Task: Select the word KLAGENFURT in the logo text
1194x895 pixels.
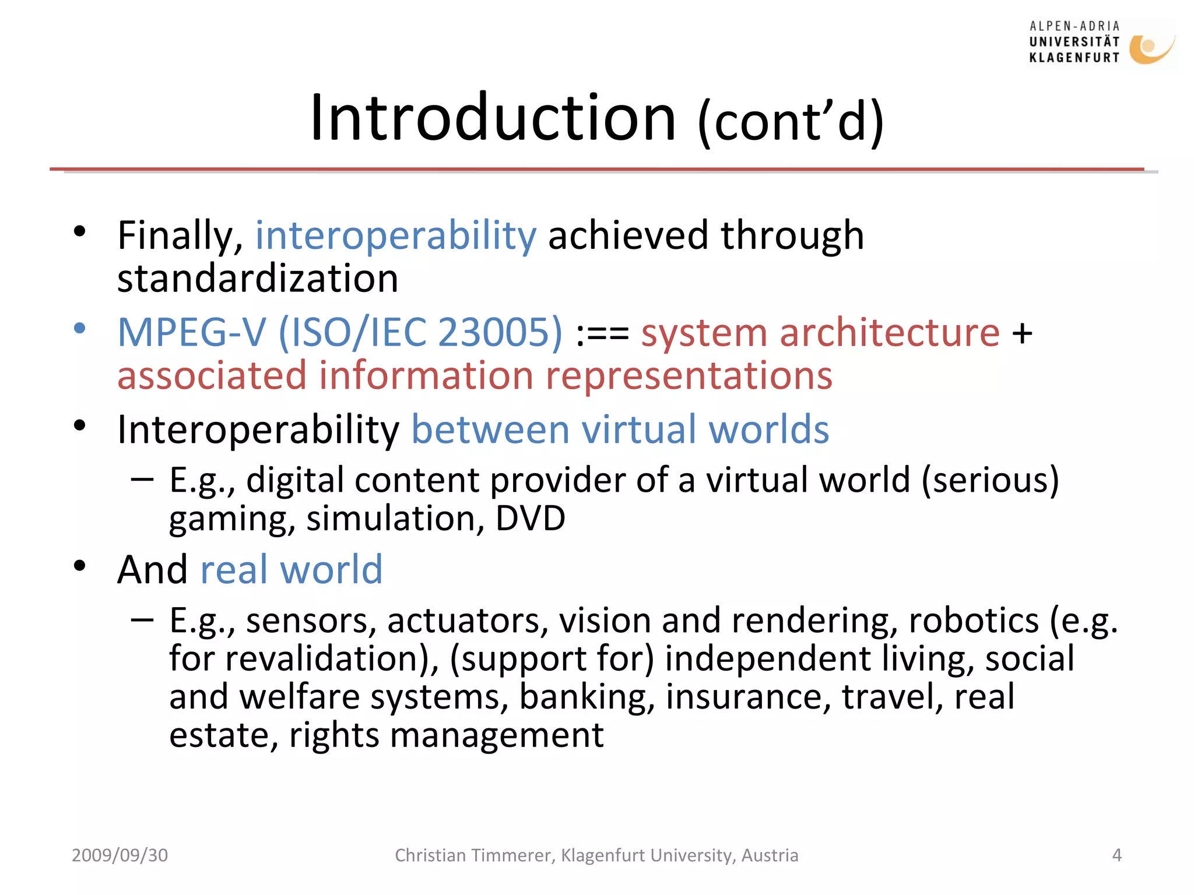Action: click(1074, 58)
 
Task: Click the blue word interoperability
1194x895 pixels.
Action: click(396, 236)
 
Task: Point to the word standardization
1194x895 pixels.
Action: click(258, 279)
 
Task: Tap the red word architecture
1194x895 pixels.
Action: click(890, 333)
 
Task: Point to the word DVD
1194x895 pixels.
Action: click(530, 518)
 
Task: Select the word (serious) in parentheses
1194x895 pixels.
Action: click(990, 481)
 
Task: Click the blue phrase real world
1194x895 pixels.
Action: click(291, 570)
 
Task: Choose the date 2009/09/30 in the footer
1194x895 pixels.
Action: click(120, 855)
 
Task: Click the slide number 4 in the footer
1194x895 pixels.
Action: click(1116, 855)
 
